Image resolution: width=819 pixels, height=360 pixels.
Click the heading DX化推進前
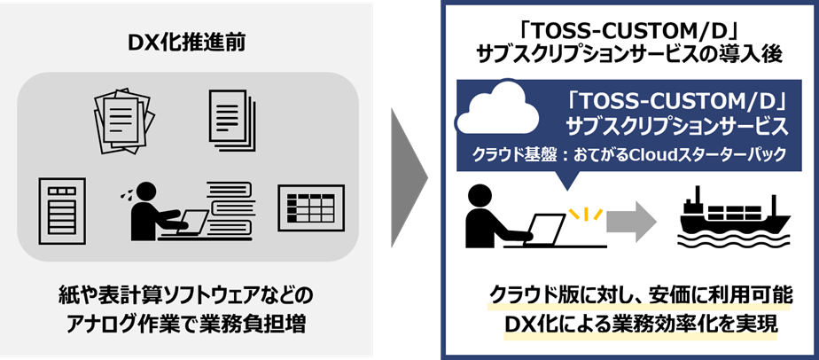pos(187,42)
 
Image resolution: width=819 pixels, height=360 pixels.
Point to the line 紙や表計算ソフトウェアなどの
pos(187,293)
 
